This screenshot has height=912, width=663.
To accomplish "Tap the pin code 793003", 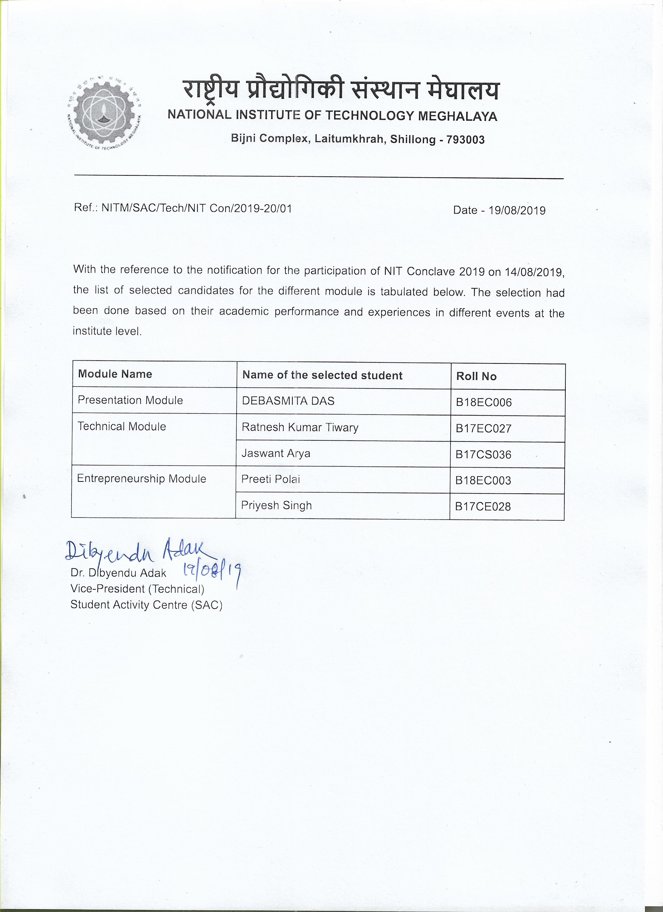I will (x=466, y=140).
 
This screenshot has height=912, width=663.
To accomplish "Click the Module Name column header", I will (x=115, y=374).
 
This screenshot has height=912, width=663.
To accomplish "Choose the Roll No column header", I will (x=476, y=376).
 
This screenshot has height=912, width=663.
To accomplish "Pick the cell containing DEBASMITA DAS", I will (x=288, y=401).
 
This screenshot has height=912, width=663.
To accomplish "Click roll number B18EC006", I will (x=483, y=403).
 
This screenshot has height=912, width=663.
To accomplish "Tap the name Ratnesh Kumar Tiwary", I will (x=300, y=428).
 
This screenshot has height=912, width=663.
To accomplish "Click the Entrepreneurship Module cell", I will (x=141, y=478).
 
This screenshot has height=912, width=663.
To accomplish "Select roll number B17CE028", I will (x=483, y=507).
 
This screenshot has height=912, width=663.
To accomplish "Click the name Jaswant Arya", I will (x=276, y=454).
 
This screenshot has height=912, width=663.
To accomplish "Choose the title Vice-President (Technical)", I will (x=137, y=589).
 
